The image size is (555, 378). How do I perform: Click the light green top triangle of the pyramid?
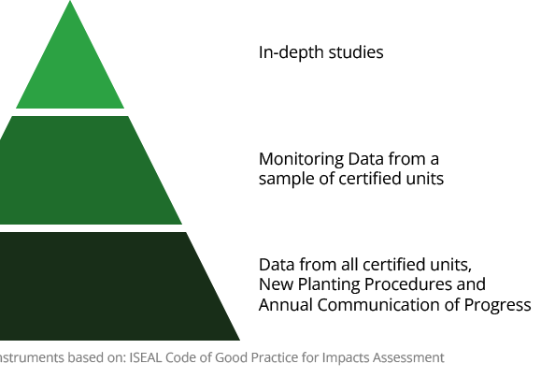click(x=70, y=71)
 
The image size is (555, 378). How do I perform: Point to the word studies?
click(x=356, y=52)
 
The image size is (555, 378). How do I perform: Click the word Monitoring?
click(x=301, y=160)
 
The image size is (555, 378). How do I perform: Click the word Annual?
click(x=286, y=305)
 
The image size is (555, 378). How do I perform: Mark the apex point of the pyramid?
click(x=70, y=0)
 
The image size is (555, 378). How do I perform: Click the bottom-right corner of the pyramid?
click(x=239, y=340)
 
